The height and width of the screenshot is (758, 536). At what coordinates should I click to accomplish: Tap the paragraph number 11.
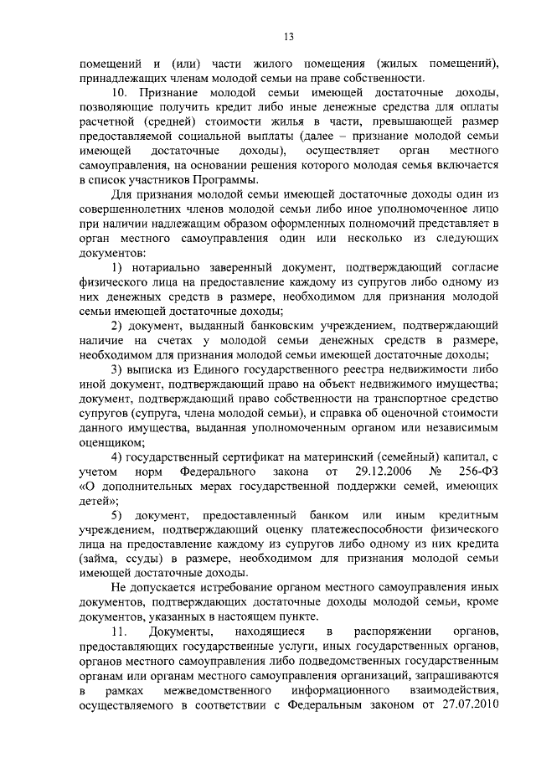(122, 630)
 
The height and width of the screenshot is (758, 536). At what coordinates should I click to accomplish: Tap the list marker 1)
(117, 266)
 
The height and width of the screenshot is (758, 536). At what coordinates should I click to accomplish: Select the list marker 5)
(119, 513)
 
